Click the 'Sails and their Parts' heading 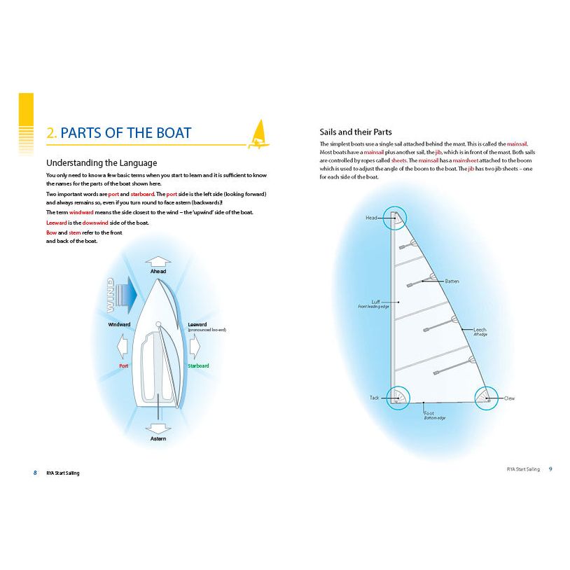(355, 132)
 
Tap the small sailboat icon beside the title (258, 135)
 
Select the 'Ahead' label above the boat (158, 270)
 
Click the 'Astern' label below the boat (158, 438)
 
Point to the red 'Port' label (123, 366)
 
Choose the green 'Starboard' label (198, 366)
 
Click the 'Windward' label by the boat (119, 325)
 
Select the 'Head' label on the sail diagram (371, 218)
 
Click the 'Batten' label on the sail (452, 281)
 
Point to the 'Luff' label (375, 302)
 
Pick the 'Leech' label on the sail (480, 330)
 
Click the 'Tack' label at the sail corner (374, 398)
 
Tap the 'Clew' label (509, 398)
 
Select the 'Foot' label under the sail (429, 413)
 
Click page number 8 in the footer (34, 473)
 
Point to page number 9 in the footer (550, 468)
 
